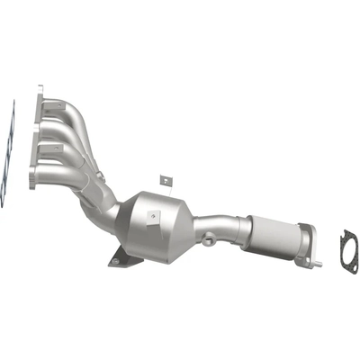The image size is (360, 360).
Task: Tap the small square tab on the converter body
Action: click(x=154, y=218)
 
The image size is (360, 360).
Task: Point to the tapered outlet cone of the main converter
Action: click(x=198, y=225)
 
